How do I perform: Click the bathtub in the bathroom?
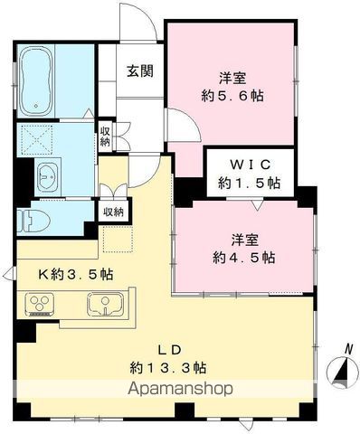click(35, 80)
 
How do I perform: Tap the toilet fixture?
click(33, 221)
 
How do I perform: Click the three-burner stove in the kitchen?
click(40, 304)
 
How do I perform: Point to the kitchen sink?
click(105, 304)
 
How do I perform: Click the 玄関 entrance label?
click(140, 71)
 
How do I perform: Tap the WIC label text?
click(250, 165)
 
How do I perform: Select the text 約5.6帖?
click(232, 96)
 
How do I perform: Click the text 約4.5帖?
click(243, 258)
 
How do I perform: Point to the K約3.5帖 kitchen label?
click(76, 274)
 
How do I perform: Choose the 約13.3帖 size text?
click(168, 368)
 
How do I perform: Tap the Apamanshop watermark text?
click(180, 389)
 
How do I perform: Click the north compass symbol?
click(341, 369)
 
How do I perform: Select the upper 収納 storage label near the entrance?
click(105, 137)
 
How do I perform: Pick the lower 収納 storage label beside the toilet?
click(114, 212)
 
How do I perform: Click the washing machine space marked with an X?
click(37, 139)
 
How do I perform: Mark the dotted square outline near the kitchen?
click(118, 239)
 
